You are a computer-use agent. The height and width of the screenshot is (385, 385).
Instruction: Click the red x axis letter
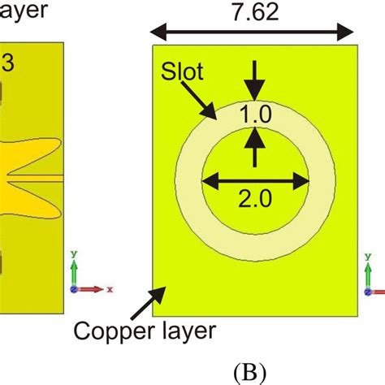(109, 288)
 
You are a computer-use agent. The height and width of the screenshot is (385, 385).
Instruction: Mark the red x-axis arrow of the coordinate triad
(93, 288)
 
